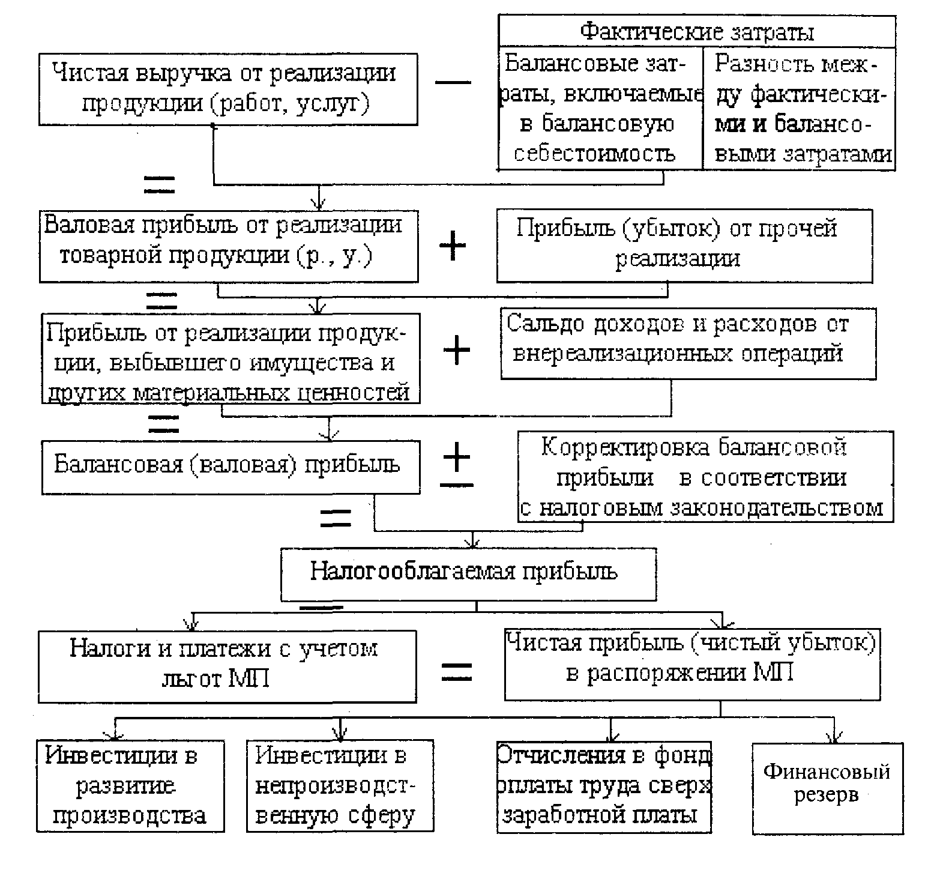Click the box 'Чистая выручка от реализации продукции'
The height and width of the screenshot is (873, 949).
pos(228,89)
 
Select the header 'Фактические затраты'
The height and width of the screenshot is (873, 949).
pos(697,31)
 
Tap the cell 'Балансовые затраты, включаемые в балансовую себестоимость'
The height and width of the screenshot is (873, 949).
pos(600,108)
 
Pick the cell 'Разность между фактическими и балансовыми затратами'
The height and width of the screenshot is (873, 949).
pos(799,108)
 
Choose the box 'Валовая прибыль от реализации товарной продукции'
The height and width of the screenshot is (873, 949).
pos(229,246)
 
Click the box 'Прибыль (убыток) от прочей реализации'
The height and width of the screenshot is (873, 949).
pos(684,246)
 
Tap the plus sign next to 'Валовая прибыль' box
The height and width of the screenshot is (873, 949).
pos(453,246)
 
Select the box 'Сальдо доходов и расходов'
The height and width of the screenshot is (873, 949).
pos(688,343)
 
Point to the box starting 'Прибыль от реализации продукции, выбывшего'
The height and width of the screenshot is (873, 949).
pos(230,358)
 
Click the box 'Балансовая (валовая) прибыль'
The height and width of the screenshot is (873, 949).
pos(230,468)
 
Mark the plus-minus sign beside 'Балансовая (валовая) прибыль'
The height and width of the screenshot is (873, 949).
pos(457,465)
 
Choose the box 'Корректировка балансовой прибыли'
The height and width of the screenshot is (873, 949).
pos(706,477)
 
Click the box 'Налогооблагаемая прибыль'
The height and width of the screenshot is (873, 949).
pos(468,573)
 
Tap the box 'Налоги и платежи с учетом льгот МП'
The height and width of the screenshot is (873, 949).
pos(227,666)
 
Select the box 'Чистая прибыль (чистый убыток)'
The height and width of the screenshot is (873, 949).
pos(692,664)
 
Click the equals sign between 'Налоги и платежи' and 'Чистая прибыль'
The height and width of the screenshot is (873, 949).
pos(457,671)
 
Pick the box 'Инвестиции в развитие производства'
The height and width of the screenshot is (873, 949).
pos(130,786)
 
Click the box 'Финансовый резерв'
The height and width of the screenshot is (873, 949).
pos(828,788)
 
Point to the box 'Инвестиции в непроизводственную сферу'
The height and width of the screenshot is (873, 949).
pos(340,785)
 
